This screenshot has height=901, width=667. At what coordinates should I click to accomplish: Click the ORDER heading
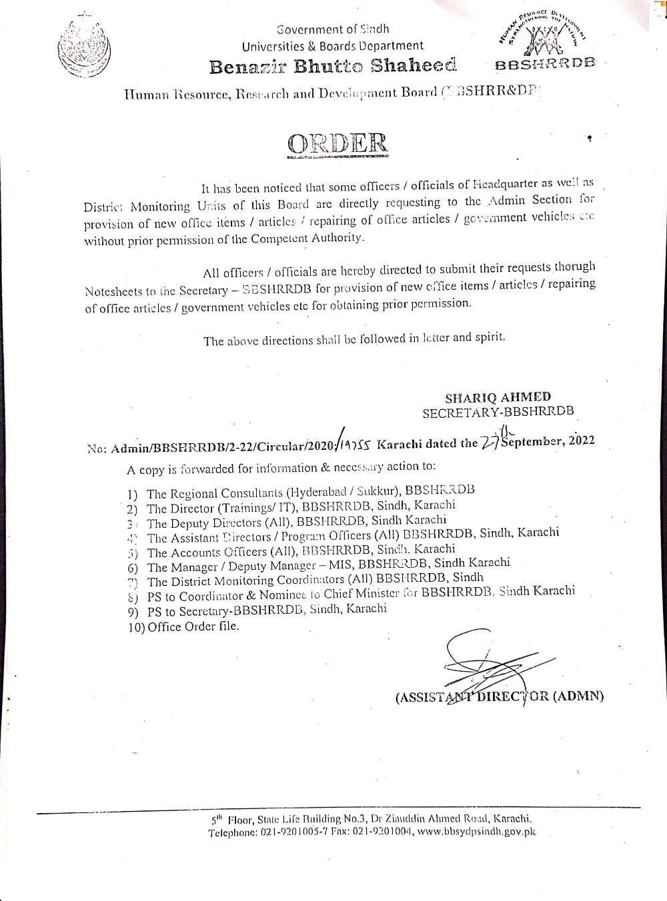337,143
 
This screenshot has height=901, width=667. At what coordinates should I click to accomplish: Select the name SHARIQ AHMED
507,397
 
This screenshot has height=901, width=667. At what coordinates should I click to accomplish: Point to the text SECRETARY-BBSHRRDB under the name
498,412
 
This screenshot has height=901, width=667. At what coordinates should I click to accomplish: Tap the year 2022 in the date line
579,441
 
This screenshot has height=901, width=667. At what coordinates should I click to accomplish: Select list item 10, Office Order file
183,626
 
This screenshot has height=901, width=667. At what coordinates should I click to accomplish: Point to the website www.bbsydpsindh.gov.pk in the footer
478,832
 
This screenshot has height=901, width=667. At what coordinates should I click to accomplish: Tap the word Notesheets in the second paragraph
112,291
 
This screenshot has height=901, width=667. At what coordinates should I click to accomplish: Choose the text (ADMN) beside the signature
578,696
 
